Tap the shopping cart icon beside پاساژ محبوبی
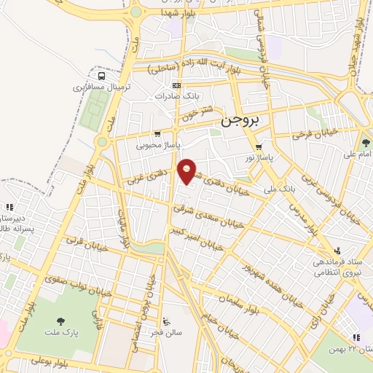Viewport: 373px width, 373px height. click(157, 133)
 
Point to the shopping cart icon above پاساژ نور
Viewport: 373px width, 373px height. click(257, 146)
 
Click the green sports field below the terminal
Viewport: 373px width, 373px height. click(90, 109)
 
